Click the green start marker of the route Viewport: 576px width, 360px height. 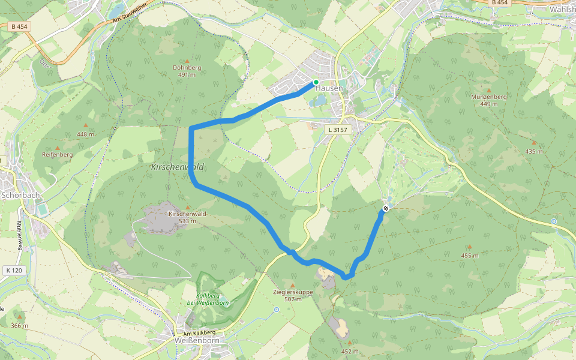316,82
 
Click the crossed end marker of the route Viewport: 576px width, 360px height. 386,209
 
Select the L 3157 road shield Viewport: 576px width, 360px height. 338,130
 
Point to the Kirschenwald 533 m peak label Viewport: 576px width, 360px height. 188,217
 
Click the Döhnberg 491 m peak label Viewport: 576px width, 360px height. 187,71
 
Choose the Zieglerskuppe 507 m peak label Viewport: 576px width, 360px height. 293,295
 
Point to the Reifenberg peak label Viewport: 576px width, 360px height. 57,154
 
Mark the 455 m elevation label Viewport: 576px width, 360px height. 469,256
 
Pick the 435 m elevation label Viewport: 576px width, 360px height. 533,151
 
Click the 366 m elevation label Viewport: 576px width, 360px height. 19,326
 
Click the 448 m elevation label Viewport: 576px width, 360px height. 85,134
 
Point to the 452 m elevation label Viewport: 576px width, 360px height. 349,351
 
